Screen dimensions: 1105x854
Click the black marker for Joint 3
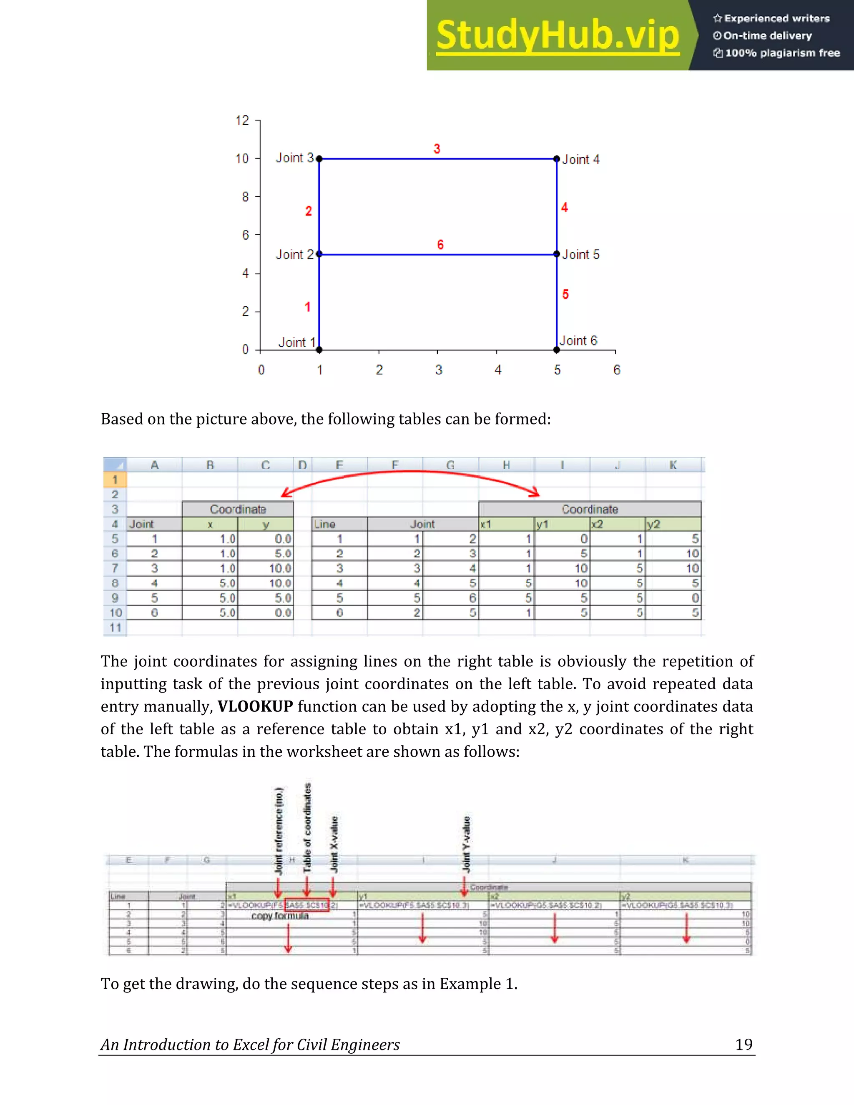319,159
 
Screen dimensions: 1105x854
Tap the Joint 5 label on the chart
581,254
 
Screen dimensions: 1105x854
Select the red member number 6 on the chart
440,245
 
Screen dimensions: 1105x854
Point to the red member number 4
565,207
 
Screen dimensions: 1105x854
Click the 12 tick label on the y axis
242,121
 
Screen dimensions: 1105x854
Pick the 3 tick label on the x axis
439,370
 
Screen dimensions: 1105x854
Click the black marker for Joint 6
557,349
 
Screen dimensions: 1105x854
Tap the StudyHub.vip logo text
558,35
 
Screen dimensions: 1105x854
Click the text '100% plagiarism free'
782,53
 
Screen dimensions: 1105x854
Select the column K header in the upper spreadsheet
673,465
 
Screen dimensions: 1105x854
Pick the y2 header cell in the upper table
673,524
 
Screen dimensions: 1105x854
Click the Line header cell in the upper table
339,524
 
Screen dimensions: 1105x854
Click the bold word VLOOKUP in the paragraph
255,706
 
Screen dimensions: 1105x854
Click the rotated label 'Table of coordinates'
307,827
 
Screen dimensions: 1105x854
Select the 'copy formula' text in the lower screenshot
280,916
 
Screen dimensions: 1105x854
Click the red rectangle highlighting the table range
306,905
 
